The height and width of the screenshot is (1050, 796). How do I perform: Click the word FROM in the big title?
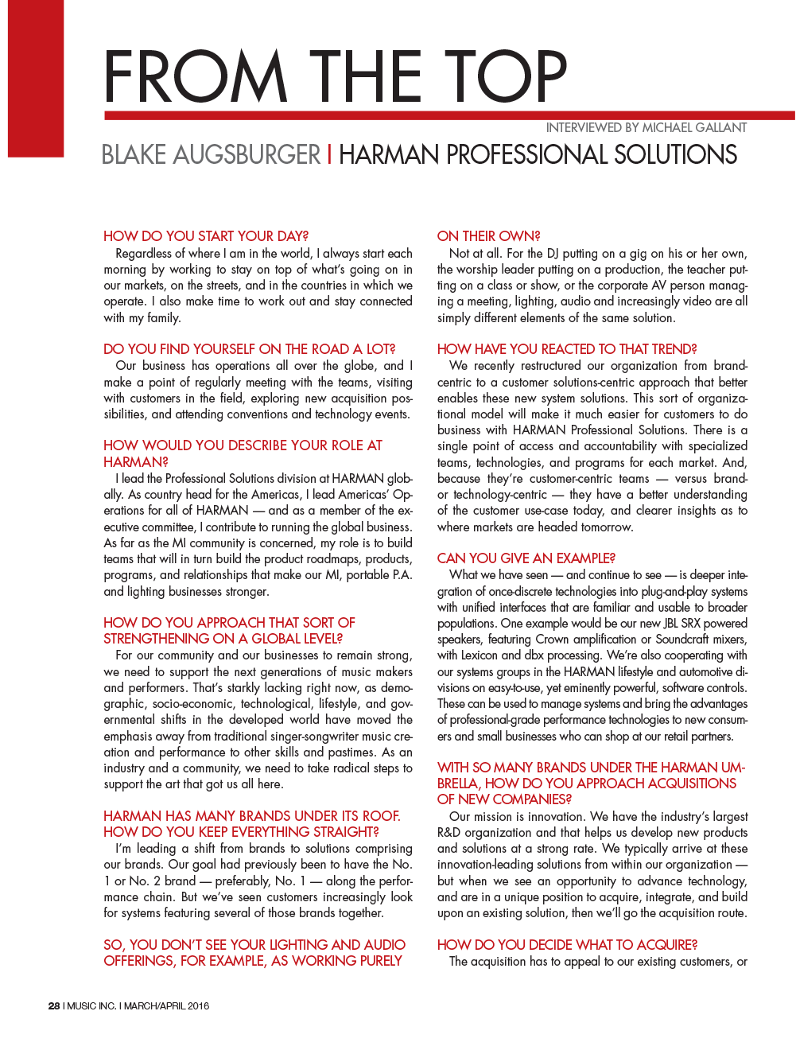pyautogui.click(x=196, y=77)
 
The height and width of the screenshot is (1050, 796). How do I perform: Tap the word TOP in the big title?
pyautogui.click(x=505, y=77)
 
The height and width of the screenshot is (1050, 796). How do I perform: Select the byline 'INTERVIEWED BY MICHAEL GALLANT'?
pyautogui.click(x=646, y=127)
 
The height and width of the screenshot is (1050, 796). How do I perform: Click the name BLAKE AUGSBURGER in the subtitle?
pyautogui.click(x=211, y=154)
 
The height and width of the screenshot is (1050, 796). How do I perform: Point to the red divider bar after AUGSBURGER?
pyautogui.click(x=330, y=154)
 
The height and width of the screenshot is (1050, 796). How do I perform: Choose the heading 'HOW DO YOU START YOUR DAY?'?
pyautogui.click(x=206, y=236)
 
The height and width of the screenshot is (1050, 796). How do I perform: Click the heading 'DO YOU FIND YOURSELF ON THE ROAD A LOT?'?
pyautogui.click(x=249, y=349)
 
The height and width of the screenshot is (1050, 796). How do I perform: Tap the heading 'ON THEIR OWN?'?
pyautogui.click(x=488, y=236)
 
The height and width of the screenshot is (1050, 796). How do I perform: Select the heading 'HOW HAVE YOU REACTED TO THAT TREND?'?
pyautogui.click(x=567, y=349)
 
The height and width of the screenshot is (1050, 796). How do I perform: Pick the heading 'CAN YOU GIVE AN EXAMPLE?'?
pyautogui.click(x=526, y=558)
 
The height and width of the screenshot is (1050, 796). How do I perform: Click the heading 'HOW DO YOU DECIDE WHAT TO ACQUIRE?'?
pyautogui.click(x=567, y=945)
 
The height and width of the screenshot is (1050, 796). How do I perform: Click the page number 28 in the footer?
pyautogui.click(x=54, y=1006)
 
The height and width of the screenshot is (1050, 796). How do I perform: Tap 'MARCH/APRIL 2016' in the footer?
pyautogui.click(x=166, y=1006)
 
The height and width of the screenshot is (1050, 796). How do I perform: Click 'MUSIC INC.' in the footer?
pyautogui.click(x=91, y=1006)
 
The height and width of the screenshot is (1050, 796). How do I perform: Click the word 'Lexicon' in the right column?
pyautogui.click(x=480, y=655)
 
